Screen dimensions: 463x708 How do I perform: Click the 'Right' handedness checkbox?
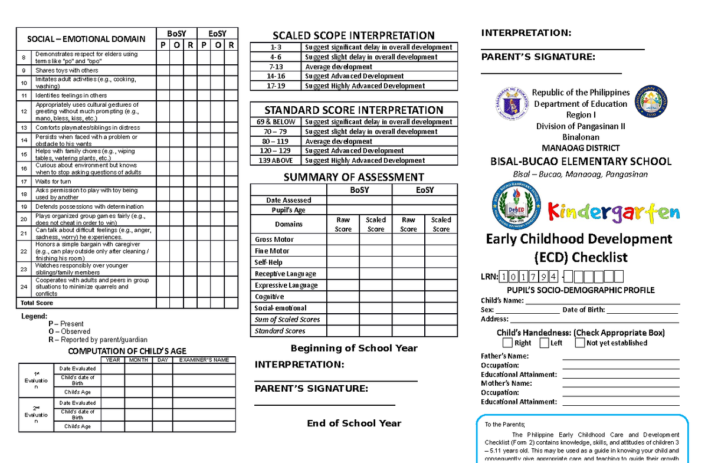point(507,343)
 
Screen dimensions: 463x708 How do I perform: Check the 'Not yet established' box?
point(580,343)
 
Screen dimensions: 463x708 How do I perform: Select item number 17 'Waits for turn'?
point(53,182)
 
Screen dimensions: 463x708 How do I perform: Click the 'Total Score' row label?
point(37,303)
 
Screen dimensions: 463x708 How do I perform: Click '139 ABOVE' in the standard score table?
point(276,160)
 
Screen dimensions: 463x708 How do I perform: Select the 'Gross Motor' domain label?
point(274,239)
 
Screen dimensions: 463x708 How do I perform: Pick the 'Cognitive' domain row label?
point(269,297)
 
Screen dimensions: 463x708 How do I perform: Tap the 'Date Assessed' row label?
point(289,201)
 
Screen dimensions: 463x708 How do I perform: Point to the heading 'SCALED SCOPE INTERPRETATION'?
point(354,35)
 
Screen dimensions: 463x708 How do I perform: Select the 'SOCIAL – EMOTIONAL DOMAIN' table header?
point(86,39)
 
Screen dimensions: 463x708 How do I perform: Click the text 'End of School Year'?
point(354,423)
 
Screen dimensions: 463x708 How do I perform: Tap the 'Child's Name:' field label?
point(502,301)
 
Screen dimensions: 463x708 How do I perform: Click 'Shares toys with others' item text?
point(67,70)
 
